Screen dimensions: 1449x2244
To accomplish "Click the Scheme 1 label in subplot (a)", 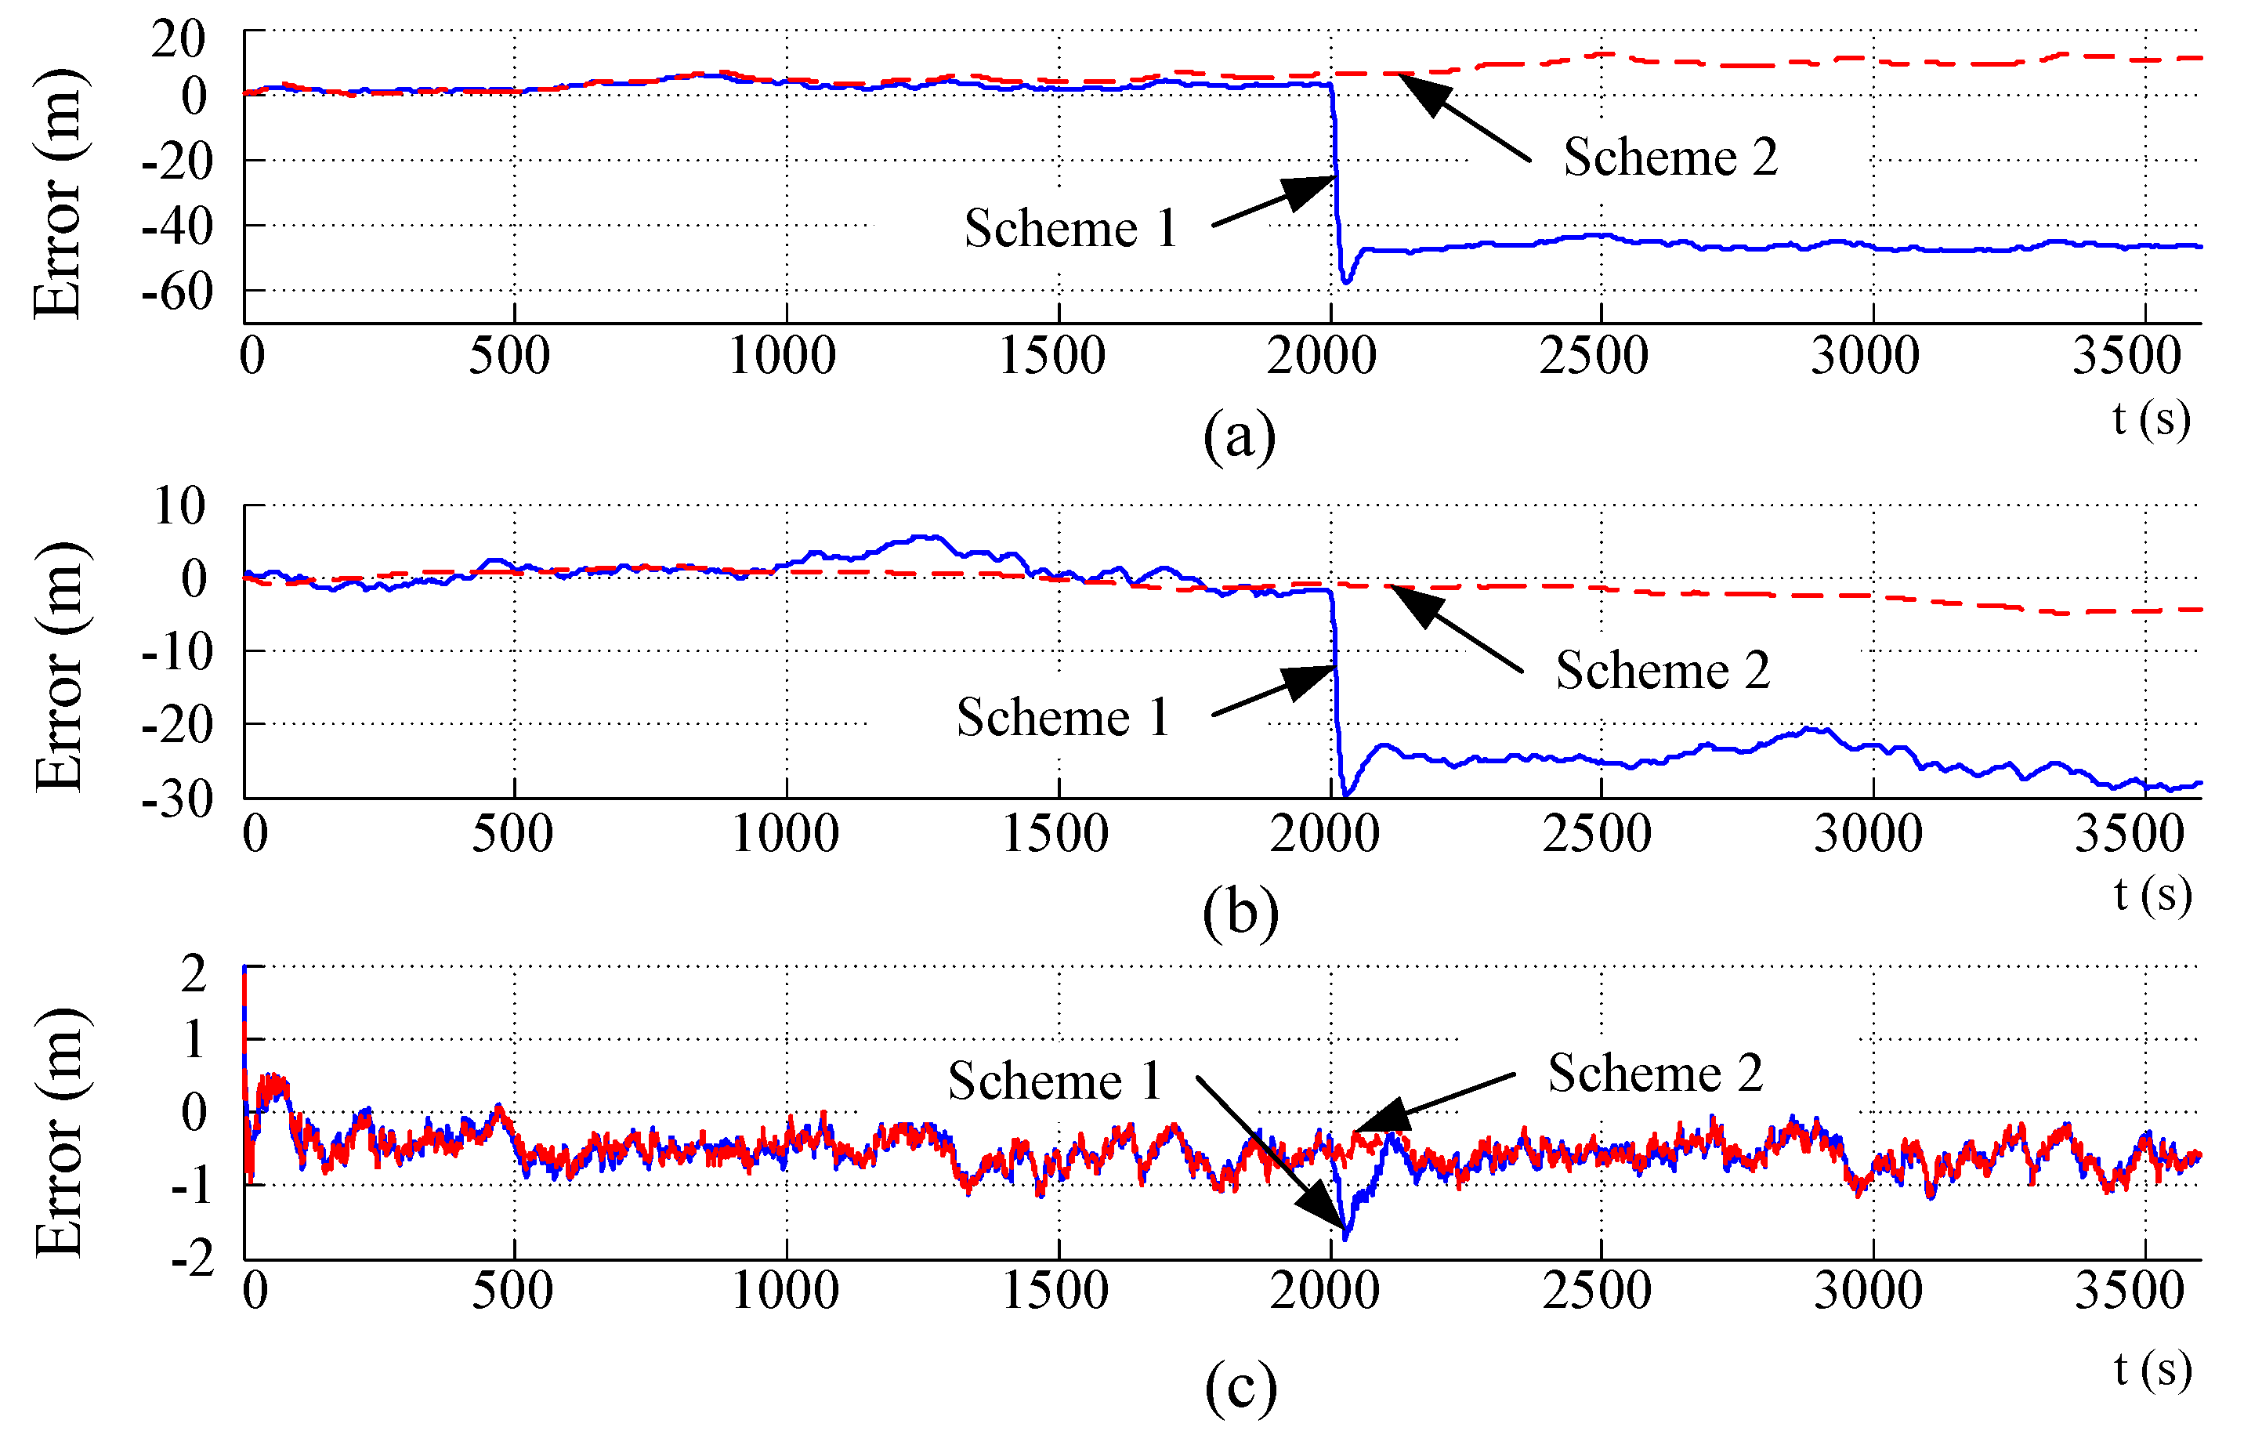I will [x=1070, y=229].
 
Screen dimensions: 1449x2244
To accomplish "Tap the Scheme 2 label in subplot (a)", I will [x=1670, y=158].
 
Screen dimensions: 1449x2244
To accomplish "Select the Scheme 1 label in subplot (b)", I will [x=1062, y=717].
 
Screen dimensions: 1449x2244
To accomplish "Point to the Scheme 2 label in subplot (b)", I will [x=1663, y=670].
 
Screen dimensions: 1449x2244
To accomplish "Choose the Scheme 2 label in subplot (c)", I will [x=1656, y=1073].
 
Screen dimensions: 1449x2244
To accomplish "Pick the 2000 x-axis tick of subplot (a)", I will [x=1321, y=356].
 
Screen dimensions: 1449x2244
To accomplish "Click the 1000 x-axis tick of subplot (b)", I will [x=785, y=834].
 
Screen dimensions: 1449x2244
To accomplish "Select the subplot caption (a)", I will [x=1240, y=435].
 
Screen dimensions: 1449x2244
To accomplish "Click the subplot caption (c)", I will [x=1240, y=1387].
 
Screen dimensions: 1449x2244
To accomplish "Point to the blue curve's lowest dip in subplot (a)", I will [x=1346, y=281].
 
